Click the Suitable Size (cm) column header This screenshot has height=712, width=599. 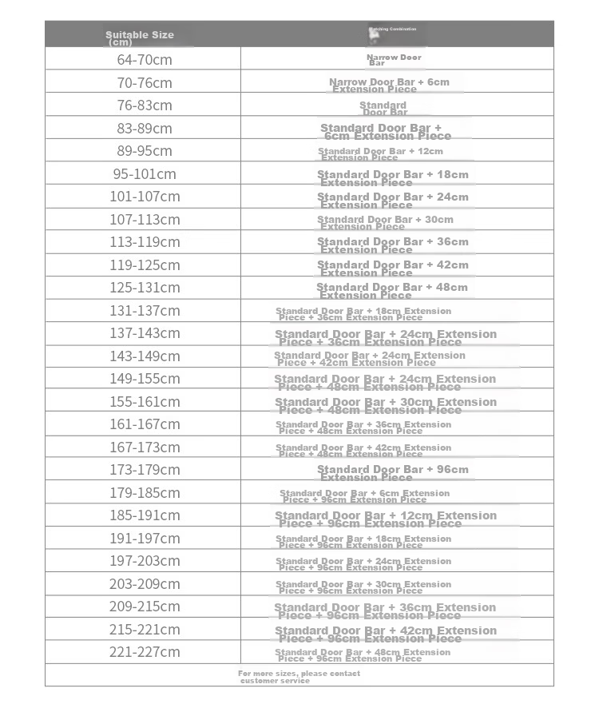(x=140, y=38)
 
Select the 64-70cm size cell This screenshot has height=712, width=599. (x=145, y=60)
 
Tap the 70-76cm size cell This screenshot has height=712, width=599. (x=145, y=82)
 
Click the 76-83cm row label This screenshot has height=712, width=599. (x=145, y=105)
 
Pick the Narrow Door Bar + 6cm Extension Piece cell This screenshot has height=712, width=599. (x=389, y=85)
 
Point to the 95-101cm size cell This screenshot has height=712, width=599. (x=145, y=173)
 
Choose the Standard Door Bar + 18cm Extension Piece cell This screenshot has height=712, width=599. (x=393, y=178)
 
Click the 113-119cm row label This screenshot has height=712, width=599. (x=145, y=242)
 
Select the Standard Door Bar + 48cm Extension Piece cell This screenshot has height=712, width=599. (x=392, y=291)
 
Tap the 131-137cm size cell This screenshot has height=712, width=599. (x=145, y=310)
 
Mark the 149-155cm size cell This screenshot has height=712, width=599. (x=145, y=379)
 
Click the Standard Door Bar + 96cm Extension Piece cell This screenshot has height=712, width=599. (x=393, y=473)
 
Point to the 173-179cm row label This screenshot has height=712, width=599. (x=145, y=470)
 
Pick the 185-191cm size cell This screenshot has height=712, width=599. (x=145, y=515)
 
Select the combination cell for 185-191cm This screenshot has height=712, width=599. (x=386, y=519)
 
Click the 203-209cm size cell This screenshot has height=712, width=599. (x=145, y=584)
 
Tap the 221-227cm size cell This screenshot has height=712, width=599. (x=145, y=652)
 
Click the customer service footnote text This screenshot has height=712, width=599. (x=299, y=677)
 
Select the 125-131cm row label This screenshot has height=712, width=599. (x=145, y=288)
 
